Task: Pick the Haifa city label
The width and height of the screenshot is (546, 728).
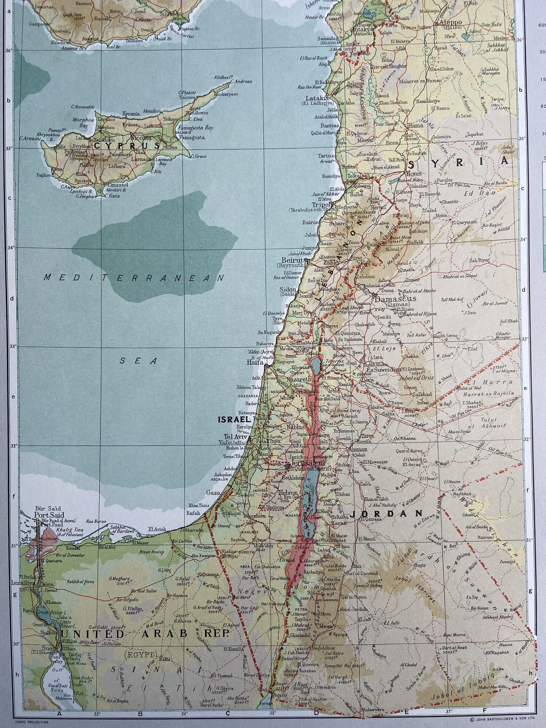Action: [x=255, y=362]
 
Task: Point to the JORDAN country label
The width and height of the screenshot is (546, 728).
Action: [x=386, y=513]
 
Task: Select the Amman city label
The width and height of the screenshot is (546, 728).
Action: [x=358, y=449]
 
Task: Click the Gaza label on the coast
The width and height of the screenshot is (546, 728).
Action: [x=213, y=492]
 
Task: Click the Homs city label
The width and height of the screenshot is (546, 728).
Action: [x=415, y=174]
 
